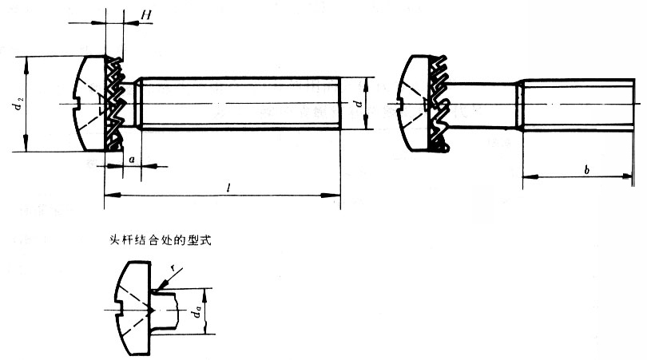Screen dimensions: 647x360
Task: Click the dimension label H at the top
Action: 146,15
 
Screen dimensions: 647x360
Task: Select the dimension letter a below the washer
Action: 132,159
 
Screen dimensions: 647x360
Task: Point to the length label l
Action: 228,188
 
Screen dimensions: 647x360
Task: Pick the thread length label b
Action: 587,169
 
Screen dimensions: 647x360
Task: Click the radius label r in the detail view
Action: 175,269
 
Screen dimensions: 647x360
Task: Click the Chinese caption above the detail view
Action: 160,240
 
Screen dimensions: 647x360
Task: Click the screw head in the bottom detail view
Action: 133,307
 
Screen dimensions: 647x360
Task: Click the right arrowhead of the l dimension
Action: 331,195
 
